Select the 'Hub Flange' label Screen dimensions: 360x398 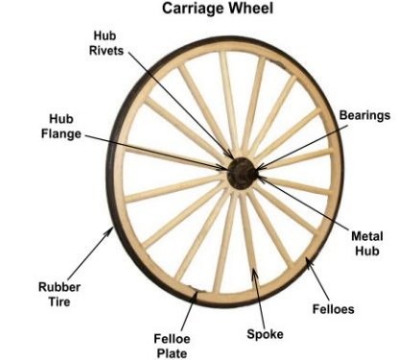62,127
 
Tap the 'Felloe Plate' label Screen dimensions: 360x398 173,343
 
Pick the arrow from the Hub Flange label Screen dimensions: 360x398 153,148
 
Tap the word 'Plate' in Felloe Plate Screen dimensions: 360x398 173,351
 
